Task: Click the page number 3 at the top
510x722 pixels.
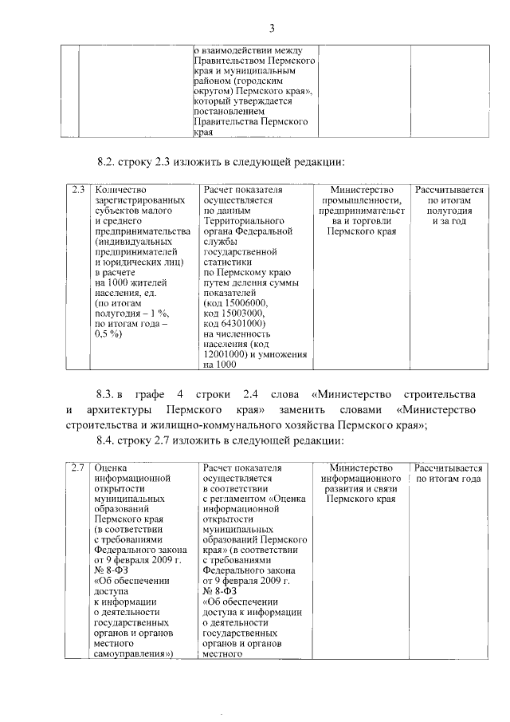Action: [x=271, y=30]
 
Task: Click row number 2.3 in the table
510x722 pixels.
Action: [x=77, y=191]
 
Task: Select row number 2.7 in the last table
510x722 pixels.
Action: [x=77, y=467]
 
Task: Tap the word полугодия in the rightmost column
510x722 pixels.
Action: [x=449, y=211]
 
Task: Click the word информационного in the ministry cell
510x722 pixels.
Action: [x=363, y=477]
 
